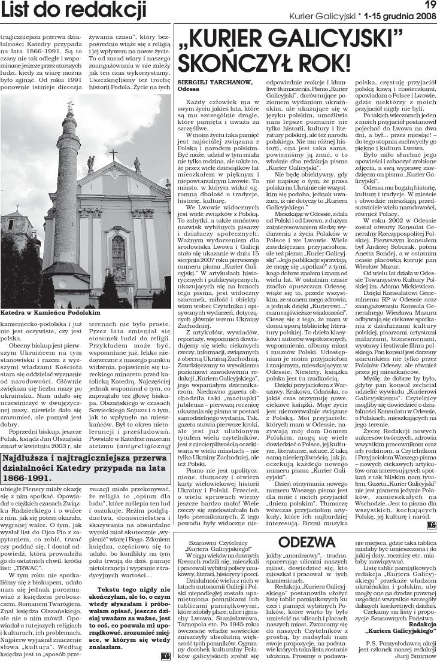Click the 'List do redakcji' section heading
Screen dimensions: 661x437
(73, 10)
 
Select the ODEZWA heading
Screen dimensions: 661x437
(306, 525)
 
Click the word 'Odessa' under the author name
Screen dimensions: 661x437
(189, 88)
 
